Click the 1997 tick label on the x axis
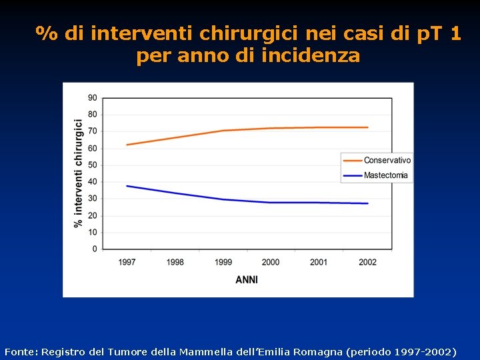tap(127, 262)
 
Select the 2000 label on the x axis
tap(271, 262)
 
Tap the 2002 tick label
tap(367, 262)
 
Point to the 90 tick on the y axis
tap(92, 98)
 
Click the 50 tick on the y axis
tap(92, 165)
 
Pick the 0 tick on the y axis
tap(94, 249)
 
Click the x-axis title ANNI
tap(247, 280)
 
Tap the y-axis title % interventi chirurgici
tap(79, 173)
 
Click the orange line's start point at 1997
tap(127, 145)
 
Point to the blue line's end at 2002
tap(367, 203)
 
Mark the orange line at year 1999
tap(223, 131)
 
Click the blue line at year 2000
tap(271, 203)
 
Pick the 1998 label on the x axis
tap(175, 262)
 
